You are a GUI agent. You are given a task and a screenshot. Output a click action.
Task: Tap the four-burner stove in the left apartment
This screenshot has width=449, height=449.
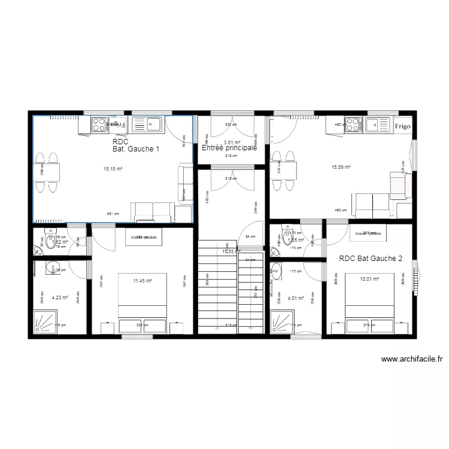point(99,125)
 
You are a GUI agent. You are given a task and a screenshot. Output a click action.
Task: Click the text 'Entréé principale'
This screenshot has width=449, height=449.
point(229,147)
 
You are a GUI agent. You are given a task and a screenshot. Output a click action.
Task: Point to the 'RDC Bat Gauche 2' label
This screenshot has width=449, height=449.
point(371,259)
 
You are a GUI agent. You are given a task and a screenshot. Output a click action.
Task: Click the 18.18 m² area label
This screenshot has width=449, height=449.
point(113,169)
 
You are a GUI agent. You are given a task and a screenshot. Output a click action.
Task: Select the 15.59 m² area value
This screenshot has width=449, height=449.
point(341,168)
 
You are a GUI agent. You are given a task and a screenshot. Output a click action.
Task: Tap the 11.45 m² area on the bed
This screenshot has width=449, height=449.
point(142,280)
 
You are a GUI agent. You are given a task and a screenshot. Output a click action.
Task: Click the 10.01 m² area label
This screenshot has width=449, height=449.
point(369,280)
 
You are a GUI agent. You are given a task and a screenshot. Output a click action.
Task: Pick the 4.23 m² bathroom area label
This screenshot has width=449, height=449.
point(60,297)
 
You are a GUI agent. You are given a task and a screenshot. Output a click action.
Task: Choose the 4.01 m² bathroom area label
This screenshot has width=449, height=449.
point(296,298)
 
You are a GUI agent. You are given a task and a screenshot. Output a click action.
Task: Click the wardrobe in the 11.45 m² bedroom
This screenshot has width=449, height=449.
point(143,238)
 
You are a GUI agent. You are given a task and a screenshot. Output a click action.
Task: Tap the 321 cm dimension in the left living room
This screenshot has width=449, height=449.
point(113,214)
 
